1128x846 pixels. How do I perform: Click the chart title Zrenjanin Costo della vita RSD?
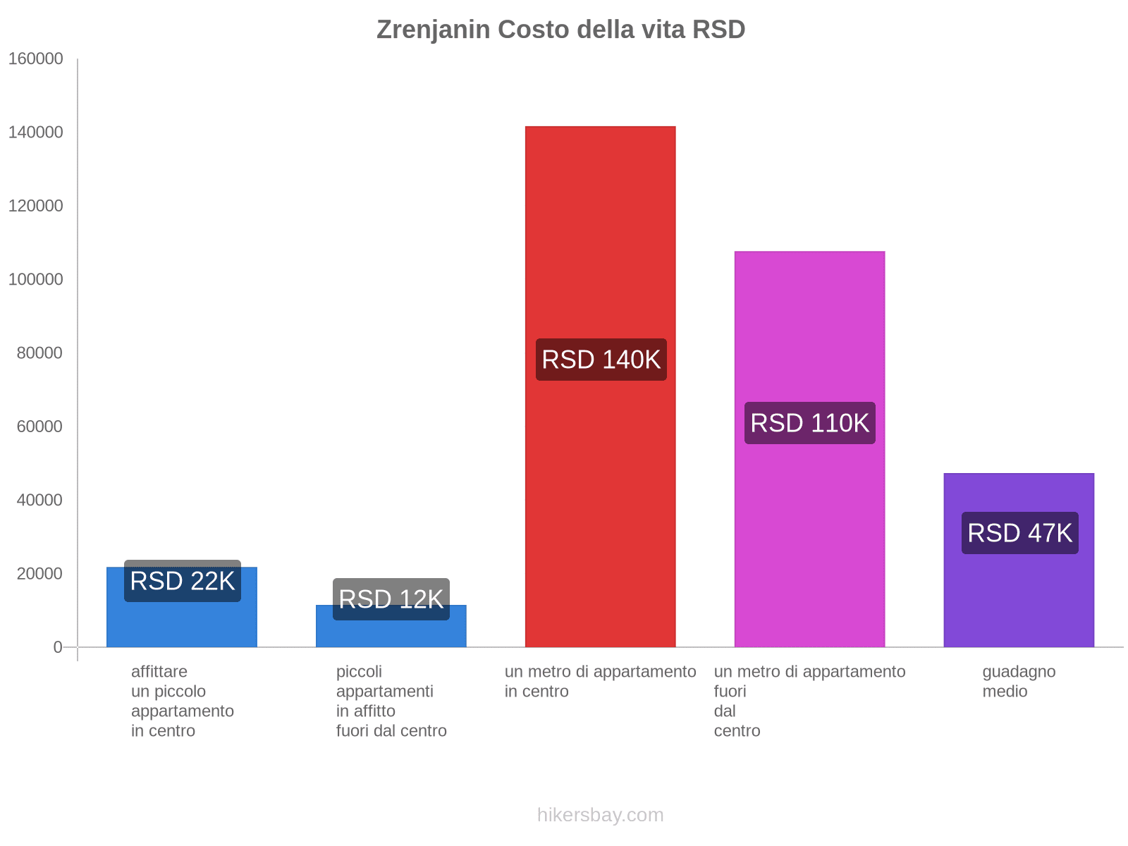coord(560,30)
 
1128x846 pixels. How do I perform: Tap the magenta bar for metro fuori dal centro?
coord(809,317)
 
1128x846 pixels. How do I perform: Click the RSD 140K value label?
coord(601,360)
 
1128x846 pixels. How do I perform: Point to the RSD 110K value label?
coord(809,423)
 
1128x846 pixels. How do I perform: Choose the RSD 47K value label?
coord(1019,533)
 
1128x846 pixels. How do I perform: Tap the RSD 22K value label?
coord(183,581)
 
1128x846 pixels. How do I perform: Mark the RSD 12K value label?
coord(391,599)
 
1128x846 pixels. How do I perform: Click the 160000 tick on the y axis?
coord(36,59)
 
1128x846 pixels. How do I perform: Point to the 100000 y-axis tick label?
coord(36,279)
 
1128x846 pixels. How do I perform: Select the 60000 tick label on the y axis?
coord(39,427)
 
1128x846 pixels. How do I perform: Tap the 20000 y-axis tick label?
coord(39,574)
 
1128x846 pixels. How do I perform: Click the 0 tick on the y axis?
coord(58,647)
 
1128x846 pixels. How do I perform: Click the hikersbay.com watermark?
coord(600,815)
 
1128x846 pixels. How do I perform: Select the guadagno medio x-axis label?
coord(1018,681)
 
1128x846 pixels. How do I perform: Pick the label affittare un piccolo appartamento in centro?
coord(182,701)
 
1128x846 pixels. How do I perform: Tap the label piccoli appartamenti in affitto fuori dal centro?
coord(391,701)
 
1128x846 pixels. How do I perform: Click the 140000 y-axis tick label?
coord(36,133)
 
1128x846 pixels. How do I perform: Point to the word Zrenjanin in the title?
coord(433,30)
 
